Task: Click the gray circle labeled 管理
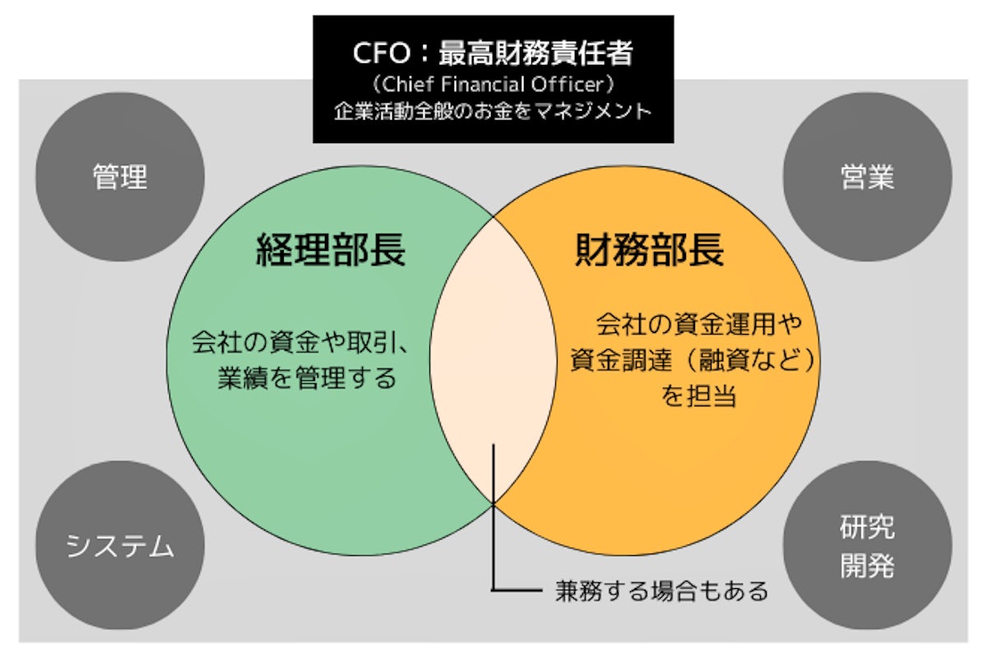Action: click(x=120, y=177)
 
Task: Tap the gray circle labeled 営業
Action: click(x=867, y=177)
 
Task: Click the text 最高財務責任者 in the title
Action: click(x=535, y=53)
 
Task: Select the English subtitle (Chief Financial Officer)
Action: click(x=493, y=85)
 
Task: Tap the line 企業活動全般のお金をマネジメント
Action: click(x=493, y=111)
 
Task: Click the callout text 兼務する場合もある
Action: click(x=650, y=590)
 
